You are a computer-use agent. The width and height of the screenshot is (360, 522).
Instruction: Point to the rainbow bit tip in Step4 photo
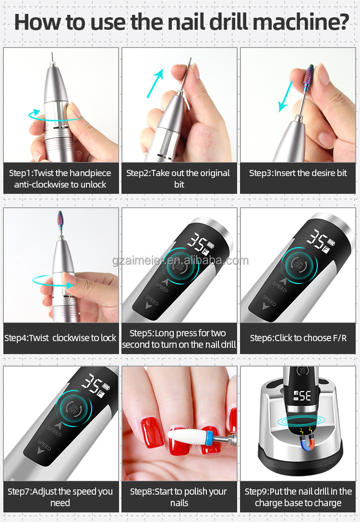click(x=60, y=218)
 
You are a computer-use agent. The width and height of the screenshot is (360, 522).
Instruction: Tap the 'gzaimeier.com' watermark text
click(x=180, y=261)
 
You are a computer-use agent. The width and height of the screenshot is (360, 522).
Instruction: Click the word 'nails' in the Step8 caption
click(x=179, y=503)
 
